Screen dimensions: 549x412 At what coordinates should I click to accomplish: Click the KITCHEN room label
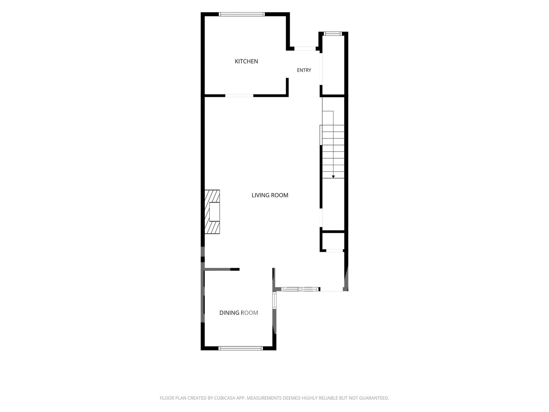[246, 61]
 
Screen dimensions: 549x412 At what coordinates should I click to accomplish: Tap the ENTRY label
[304, 70]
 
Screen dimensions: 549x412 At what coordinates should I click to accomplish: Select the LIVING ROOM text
[270, 195]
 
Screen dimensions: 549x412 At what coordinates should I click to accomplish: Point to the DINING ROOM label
[239, 313]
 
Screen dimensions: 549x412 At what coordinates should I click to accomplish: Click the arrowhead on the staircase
[333, 177]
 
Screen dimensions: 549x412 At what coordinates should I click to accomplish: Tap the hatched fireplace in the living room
[212, 212]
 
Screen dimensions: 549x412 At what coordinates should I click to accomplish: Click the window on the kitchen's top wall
[242, 14]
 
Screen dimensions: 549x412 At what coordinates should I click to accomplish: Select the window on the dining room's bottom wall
[241, 348]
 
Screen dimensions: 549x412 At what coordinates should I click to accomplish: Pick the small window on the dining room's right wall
[274, 301]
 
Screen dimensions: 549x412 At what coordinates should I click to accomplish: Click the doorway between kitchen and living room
[239, 95]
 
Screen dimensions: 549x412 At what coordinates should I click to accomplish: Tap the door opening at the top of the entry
[305, 49]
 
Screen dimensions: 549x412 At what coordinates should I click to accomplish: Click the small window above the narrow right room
[333, 34]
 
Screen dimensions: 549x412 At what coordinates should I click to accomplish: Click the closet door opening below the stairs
[334, 250]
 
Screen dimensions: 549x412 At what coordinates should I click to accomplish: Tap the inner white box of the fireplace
[214, 212]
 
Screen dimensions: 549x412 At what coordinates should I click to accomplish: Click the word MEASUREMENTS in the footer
[264, 398]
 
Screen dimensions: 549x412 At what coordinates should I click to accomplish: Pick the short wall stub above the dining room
[222, 269]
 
